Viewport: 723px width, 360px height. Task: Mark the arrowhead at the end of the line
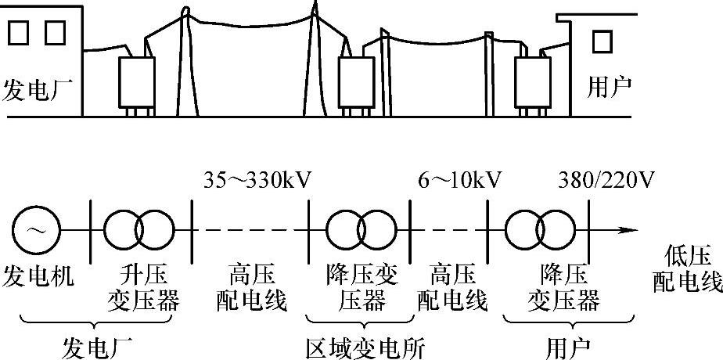pyautogui.click(x=625, y=231)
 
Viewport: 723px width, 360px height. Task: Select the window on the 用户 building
pyautogui.click(x=601, y=41)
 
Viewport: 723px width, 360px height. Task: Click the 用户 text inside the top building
pyautogui.click(x=608, y=85)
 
